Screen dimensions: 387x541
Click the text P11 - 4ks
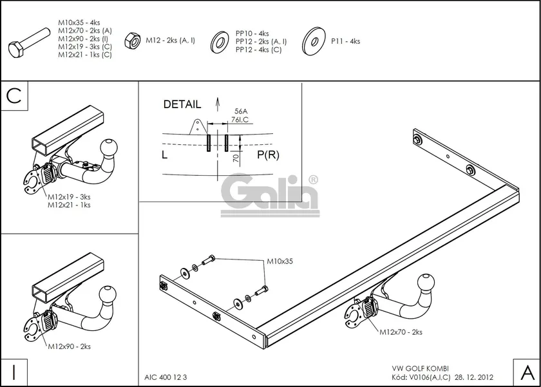[346, 41]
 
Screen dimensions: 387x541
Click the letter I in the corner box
[14, 372]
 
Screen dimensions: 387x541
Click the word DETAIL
[182, 104]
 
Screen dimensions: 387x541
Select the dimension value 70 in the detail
[236, 158]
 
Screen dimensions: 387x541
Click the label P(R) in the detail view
[268, 155]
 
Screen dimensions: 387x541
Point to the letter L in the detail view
[165, 155]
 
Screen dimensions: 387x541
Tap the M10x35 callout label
[280, 262]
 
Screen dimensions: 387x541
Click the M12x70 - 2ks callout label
[400, 332]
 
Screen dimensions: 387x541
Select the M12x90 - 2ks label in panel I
[69, 346]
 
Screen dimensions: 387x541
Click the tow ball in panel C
[109, 148]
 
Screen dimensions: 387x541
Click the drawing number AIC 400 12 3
[164, 378]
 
